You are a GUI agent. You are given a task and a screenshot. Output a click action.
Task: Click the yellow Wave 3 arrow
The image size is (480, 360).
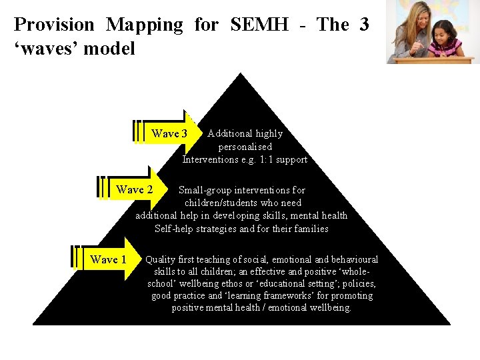click(169, 133)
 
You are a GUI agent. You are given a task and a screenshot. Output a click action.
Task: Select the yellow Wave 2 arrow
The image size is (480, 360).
click(134, 189)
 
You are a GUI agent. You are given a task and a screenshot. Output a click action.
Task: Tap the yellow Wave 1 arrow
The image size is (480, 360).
click(108, 259)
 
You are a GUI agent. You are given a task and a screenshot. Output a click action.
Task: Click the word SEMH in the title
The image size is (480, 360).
click(259, 25)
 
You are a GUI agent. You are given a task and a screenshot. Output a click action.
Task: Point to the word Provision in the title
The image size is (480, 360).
click(54, 25)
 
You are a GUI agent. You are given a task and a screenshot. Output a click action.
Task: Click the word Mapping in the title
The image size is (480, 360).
click(144, 25)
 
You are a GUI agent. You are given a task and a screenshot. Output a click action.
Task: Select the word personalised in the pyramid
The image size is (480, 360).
click(245, 147)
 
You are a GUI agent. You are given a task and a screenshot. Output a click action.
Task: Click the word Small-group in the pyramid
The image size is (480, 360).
click(205, 190)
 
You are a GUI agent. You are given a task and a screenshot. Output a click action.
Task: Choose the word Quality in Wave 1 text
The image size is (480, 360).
click(161, 259)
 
